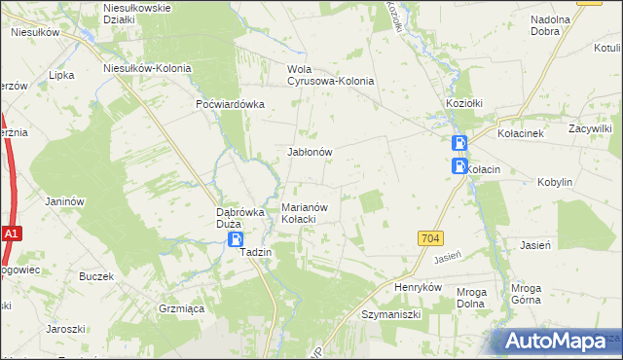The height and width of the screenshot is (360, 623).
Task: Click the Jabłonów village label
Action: tap(311, 153)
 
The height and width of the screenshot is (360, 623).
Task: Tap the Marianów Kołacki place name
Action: tap(310, 213)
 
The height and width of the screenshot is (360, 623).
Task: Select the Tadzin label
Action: tap(255, 252)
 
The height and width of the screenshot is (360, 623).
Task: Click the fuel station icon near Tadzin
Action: tap(236, 239)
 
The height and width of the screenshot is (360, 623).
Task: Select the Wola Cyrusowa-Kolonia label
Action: tap(330, 75)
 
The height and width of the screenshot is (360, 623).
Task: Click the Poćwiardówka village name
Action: tap(231, 105)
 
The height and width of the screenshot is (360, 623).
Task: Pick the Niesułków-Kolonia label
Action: tap(147, 69)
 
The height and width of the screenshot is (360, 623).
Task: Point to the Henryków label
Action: tap(419, 288)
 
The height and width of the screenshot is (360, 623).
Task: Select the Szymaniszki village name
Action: tap(390, 315)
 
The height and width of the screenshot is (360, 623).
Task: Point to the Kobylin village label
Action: tap(554, 182)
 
